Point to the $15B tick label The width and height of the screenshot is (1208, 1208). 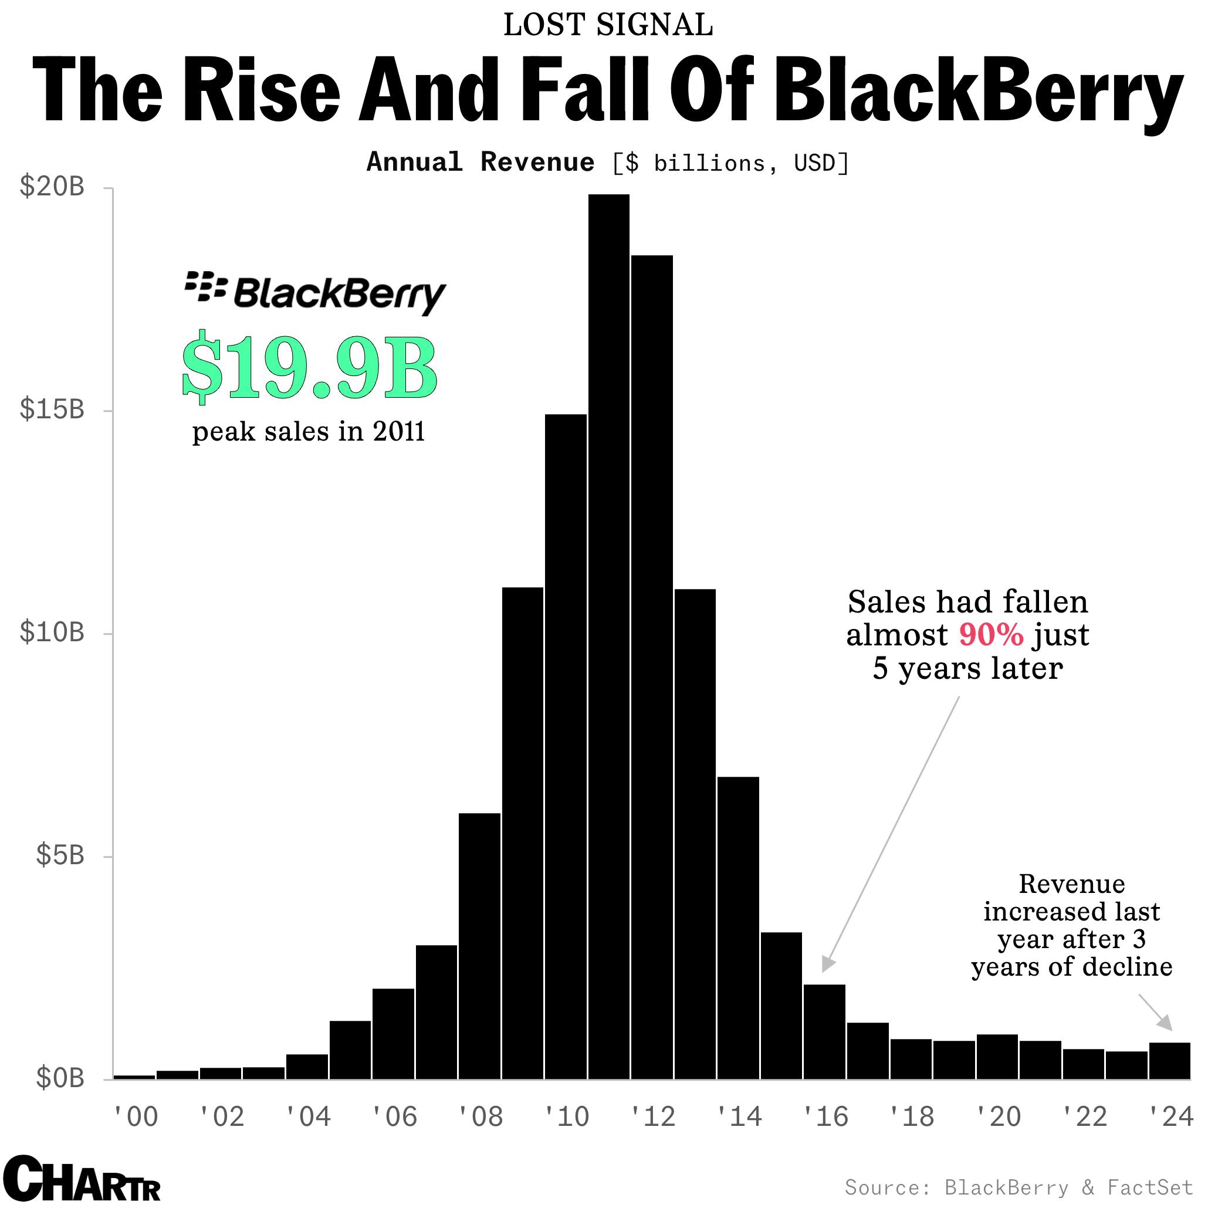pos(52,410)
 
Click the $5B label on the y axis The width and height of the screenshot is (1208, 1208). pos(59,855)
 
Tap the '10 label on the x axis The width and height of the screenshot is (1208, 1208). pos(567,1116)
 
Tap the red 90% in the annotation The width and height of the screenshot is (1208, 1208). pos(991,635)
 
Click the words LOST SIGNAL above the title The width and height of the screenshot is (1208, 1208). pos(608,26)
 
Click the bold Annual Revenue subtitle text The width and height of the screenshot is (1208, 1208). pos(480,163)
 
